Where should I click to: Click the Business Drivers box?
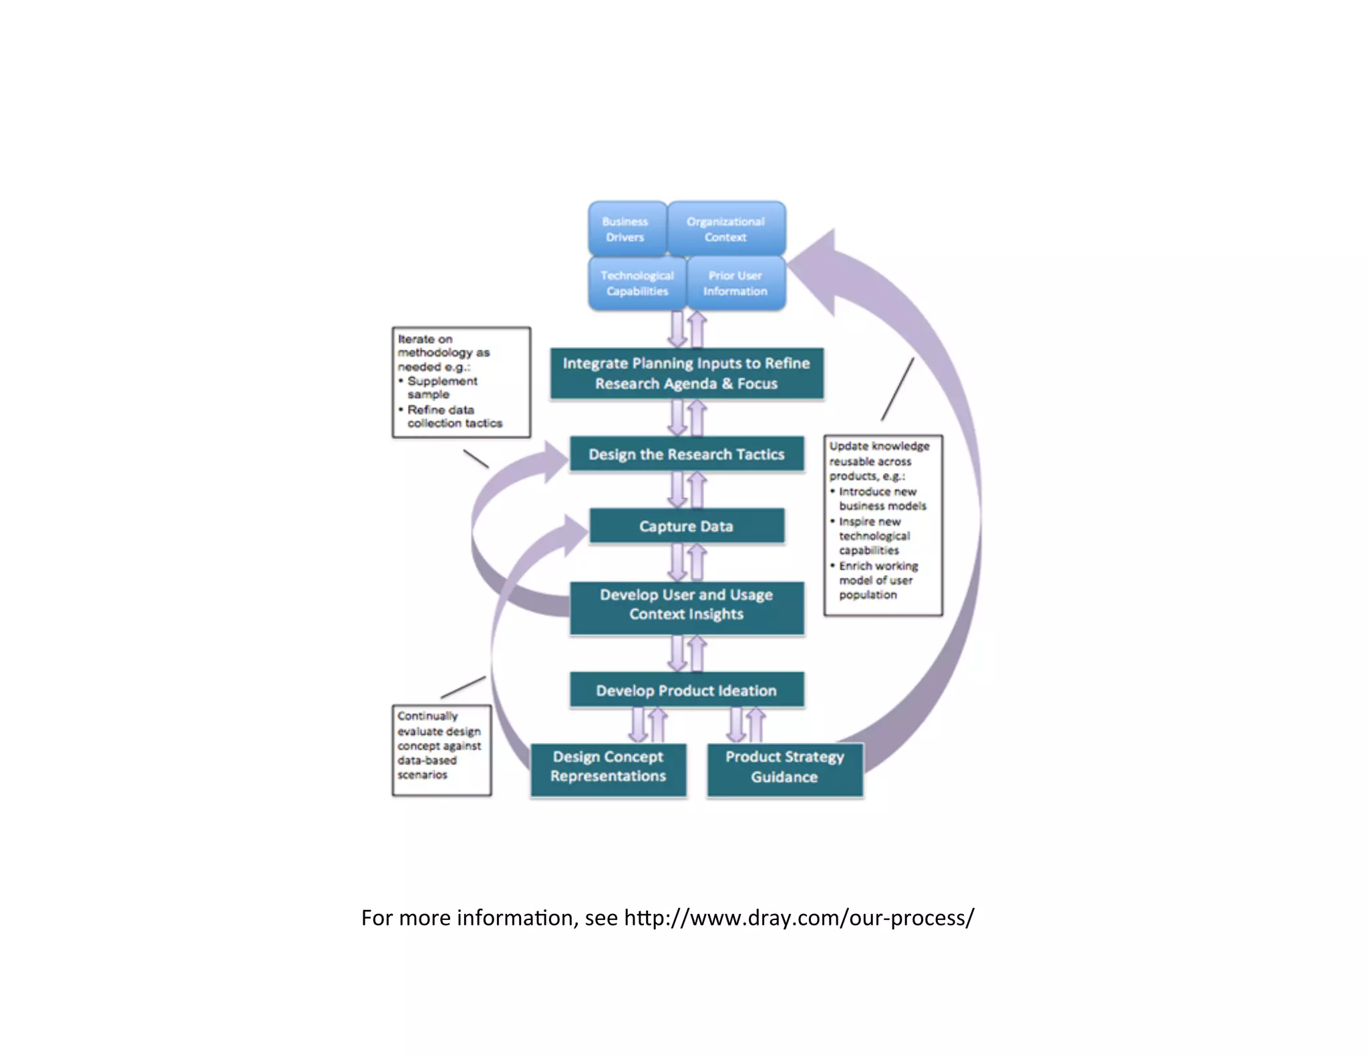pos(626,229)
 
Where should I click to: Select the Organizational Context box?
pos(726,229)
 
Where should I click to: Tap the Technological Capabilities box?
pos(637,283)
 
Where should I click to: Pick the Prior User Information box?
pos(735,283)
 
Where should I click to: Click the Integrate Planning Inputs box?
pos(687,373)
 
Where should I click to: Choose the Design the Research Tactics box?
pos(687,454)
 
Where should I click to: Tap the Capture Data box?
pos(687,526)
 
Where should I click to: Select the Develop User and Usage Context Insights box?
pos(687,605)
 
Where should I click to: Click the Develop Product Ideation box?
pos(687,690)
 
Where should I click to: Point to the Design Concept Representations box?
pos(609,767)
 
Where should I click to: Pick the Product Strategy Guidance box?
pos(785,767)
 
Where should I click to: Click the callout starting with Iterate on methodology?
pos(461,382)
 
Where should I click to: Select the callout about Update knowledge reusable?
pos(883,524)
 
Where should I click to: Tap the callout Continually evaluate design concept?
pos(442,750)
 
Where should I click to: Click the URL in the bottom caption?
pos(799,918)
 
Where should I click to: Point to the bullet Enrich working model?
pos(877,580)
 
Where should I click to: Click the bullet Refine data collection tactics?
pos(454,416)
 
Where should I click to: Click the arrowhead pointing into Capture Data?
pos(575,535)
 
